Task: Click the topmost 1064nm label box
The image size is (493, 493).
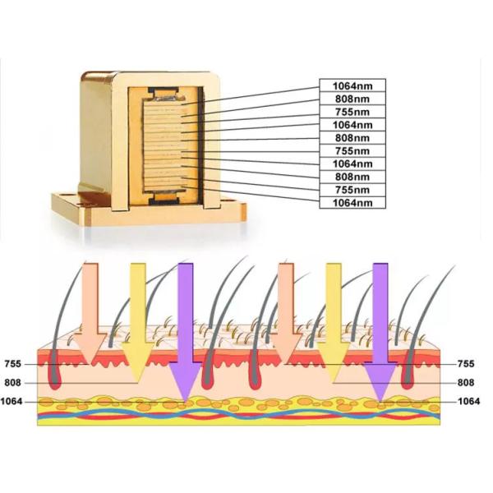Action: click(352, 85)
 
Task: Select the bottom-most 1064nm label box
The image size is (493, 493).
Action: click(352, 202)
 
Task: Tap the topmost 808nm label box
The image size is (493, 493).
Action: click(352, 99)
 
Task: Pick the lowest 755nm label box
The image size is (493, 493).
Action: click(352, 190)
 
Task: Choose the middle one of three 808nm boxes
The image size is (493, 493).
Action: click(352, 138)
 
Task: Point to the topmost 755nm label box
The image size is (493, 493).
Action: click(352, 112)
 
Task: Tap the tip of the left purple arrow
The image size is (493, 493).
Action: click(186, 402)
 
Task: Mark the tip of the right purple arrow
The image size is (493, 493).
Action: click(380, 402)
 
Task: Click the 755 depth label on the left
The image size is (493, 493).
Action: click(13, 364)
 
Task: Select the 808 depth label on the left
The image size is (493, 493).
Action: click(13, 383)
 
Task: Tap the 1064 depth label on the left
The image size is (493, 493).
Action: click(12, 401)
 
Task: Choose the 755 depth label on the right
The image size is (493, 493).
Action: click(466, 364)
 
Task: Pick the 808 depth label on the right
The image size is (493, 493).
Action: click(466, 383)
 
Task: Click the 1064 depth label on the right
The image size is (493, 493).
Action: click(469, 401)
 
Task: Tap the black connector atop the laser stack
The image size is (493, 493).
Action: click(164, 93)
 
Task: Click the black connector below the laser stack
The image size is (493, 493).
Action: click(164, 197)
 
